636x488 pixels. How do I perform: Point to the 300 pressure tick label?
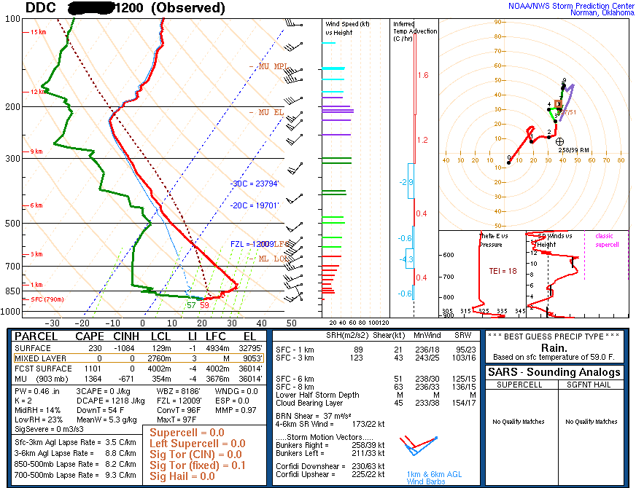tap(13, 158)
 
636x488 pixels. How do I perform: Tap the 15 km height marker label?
tap(38, 33)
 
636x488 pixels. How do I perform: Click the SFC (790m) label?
tap(47, 299)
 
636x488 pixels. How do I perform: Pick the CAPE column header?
tap(91, 337)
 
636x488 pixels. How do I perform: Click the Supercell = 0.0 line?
tap(186, 433)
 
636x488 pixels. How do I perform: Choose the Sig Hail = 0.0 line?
tap(182, 476)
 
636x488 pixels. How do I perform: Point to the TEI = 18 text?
tap(503, 271)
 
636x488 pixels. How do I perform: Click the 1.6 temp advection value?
tap(423, 76)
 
